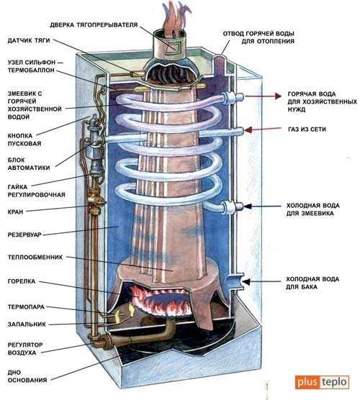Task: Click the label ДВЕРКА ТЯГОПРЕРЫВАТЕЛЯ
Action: coord(94,25)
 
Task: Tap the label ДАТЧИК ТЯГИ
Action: coord(29,40)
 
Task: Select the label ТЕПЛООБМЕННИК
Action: coord(35,257)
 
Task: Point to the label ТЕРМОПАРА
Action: coord(26,307)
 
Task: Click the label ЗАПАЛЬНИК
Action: coord(27,324)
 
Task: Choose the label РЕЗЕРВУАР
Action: coord(24,235)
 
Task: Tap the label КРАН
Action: coord(15,212)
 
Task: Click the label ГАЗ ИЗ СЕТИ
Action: coord(307,129)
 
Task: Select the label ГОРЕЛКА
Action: coord(22,281)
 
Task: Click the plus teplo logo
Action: coord(322,382)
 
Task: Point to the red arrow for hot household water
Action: coord(263,96)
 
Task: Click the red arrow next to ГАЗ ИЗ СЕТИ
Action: coord(263,129)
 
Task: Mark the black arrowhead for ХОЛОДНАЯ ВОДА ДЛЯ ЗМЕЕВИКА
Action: coord(248,206)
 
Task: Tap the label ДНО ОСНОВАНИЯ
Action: coord(27,376)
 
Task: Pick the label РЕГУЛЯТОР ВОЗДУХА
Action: coord(25,349)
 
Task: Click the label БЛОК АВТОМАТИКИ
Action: coord(29,164)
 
